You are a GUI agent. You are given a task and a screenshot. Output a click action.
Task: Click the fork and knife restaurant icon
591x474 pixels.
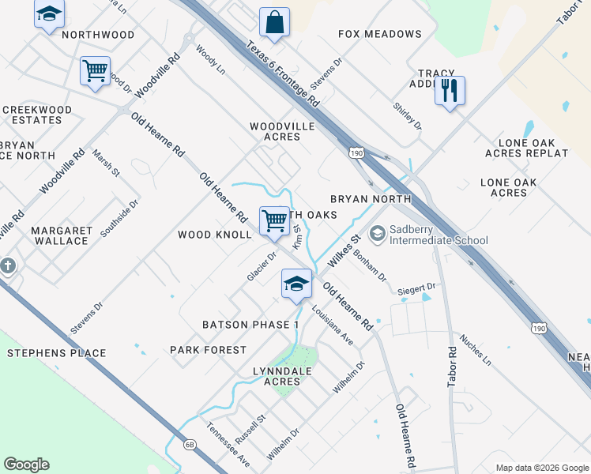449,91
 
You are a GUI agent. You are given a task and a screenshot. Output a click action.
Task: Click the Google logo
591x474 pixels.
26,465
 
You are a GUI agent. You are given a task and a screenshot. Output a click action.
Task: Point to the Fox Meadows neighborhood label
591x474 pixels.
379,34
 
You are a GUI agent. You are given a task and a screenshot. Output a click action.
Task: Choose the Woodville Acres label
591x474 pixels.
282,131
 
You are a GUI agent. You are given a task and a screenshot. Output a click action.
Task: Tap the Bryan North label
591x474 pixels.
359,199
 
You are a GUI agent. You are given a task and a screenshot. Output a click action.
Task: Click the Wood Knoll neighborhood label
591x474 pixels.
214,235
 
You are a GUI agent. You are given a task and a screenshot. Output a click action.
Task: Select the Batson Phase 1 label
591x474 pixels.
250,325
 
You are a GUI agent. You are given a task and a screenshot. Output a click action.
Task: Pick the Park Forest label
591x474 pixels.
208,349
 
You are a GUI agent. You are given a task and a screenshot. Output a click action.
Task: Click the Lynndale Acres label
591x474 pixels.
282,376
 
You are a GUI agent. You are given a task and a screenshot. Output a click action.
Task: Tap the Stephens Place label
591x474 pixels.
56,353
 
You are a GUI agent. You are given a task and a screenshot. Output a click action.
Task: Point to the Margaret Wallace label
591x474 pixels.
62,235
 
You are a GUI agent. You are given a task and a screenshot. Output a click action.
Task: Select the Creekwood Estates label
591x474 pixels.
36,115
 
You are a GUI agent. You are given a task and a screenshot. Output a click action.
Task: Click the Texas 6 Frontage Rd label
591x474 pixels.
282,74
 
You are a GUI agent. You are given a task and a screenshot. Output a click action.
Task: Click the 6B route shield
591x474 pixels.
190,445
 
